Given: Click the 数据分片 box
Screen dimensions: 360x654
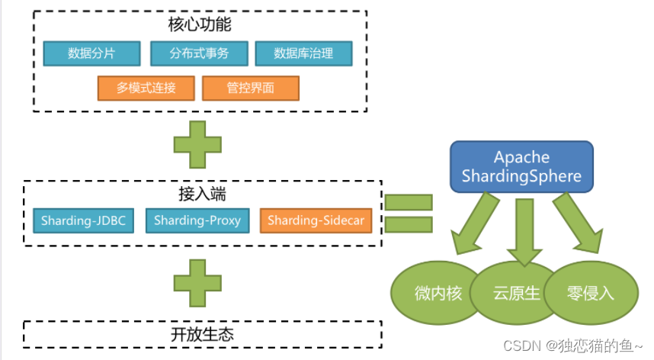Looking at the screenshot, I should pos(92,53).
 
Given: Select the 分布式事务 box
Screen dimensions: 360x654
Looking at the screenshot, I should pos(200,53).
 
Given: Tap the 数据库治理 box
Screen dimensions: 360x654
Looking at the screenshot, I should pos(303,53).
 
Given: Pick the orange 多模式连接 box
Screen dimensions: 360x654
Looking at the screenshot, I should pos(146,88).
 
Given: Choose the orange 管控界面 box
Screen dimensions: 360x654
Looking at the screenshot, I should pos(250,88).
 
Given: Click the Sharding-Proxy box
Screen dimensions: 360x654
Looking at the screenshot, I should pos(197,220).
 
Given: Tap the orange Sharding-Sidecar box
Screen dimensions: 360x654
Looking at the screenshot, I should pos(316,220).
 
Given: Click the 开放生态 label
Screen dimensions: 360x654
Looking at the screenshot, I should pos(201,334).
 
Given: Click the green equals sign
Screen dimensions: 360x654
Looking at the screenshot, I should pos(409,214).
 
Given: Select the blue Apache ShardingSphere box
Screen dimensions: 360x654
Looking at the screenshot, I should pos(521,167).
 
